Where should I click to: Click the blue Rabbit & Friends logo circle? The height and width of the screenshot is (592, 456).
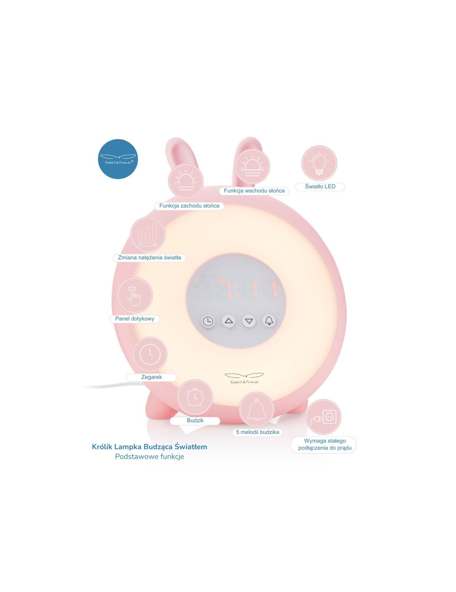click(118, 159)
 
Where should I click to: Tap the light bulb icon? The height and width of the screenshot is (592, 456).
click(319, 163)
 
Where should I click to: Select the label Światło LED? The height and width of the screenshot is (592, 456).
click(320, 187)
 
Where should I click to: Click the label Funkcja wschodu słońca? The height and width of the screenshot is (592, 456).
click(254, 191)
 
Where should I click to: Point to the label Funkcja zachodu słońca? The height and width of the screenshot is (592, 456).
click(189, 206)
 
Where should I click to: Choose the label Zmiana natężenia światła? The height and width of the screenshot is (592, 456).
click(149, 258)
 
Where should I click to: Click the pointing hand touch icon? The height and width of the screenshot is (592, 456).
click(135, 295)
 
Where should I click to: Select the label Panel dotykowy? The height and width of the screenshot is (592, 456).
click(135, 319)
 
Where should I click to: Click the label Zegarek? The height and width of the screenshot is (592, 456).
click(151, 377)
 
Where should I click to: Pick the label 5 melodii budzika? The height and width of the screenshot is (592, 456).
click(257, 432)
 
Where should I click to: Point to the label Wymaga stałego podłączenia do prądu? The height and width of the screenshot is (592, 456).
click(325, 445)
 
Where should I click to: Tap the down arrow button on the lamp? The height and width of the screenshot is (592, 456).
click(249, 321)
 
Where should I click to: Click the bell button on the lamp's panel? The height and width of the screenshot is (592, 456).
click(269, 321)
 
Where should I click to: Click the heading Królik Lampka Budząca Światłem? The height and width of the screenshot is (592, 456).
click(150, 447)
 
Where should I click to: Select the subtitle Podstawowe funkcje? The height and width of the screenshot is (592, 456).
click(150, 457)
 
